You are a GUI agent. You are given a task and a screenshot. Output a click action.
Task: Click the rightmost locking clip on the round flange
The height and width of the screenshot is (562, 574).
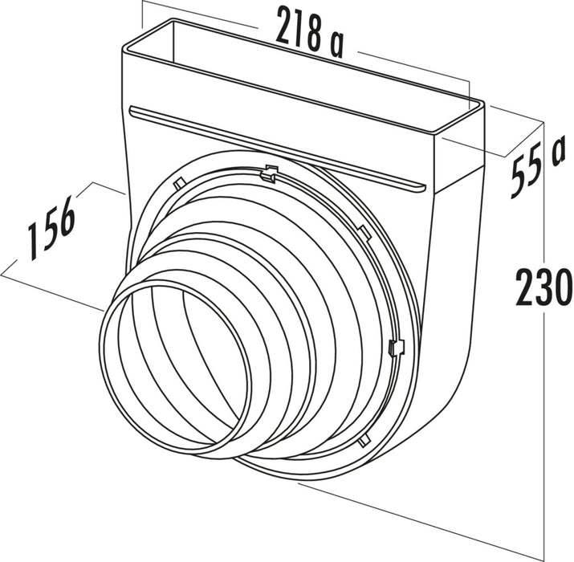click(394, 348)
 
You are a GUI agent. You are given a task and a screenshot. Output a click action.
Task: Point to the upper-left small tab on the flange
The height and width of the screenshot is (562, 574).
click(181, 182)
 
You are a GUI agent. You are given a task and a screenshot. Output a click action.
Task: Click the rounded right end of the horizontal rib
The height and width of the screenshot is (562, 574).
click(419, 187)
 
